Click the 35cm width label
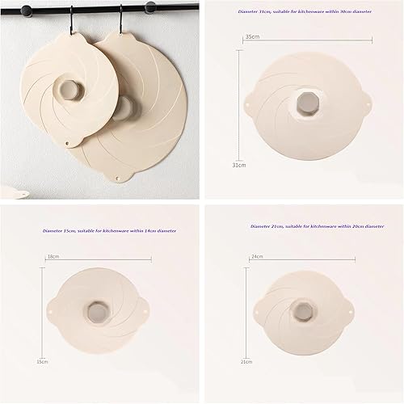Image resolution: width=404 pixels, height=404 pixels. coord(251,37)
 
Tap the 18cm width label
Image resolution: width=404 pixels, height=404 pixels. coord(53,255)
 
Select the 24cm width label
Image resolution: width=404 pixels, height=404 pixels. coord(258,255)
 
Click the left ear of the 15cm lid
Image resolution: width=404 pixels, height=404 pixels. coord(53,308)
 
